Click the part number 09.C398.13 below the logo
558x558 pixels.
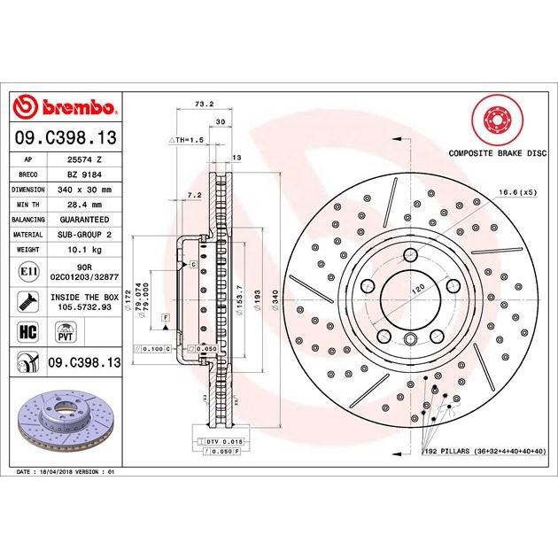click(x=67, y=137)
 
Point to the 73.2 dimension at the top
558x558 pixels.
click(x=205, y=104)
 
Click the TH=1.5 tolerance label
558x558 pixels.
click(x=187, y=140)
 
